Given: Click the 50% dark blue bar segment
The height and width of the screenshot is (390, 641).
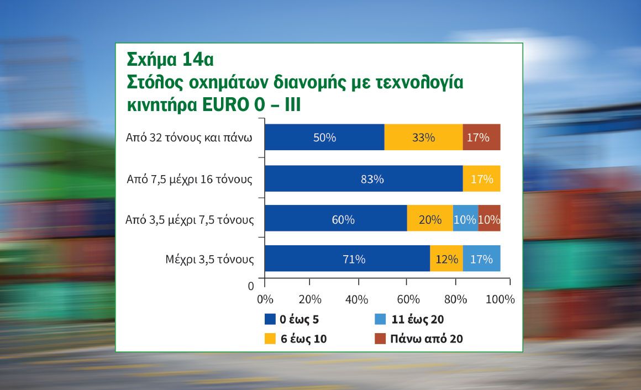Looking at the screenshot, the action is (x=324, y=137).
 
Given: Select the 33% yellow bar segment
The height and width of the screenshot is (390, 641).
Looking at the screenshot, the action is (x=423, y=137).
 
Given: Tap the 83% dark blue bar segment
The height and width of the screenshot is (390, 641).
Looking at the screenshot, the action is (x=364, y=178).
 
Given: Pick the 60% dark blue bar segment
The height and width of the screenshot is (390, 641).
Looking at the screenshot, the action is (x=336, y=218).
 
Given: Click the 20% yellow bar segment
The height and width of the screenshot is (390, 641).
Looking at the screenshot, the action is (x=430, y=218).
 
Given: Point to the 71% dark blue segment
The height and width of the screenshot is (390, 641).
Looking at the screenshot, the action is (x=348, y=259).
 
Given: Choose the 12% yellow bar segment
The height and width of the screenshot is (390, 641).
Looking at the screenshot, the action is (x=446, y=259).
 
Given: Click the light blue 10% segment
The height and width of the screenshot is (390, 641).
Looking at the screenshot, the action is (x=466, y=218).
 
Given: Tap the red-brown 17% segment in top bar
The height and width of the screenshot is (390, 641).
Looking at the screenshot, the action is (x=481, y=137).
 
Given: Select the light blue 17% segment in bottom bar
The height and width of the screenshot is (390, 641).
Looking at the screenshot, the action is (x=481, y=259).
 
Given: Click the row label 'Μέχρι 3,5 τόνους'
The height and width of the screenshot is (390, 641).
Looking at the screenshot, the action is (x=210, y=260).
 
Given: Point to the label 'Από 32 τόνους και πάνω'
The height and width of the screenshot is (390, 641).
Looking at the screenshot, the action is (x=189, y=138).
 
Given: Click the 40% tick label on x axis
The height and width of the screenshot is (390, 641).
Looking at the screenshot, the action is (x=356, y=299).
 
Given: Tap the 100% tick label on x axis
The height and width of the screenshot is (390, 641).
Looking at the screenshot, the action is (x=500, y=299).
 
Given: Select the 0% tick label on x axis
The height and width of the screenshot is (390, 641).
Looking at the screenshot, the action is (x=265, y=299).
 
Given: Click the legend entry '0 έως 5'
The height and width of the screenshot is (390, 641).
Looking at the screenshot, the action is (x=291, y=319).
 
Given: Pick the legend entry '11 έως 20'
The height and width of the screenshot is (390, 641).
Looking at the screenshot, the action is (x=409, y=319).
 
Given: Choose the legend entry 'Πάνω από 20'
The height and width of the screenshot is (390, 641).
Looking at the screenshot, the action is (x=419, y=339).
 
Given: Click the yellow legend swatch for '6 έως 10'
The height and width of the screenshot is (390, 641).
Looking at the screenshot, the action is (x=270, y=339).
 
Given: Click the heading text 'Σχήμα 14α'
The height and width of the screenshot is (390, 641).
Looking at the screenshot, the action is (x=170, y=60).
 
